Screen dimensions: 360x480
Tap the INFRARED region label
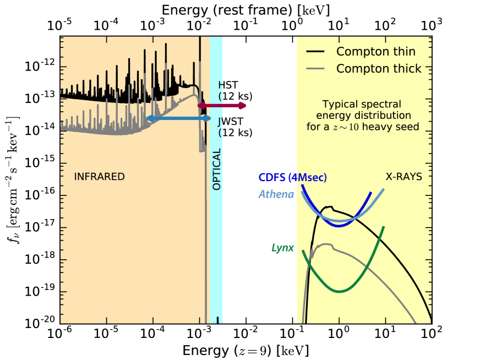(100, 177)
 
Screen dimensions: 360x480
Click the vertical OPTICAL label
(216, 169)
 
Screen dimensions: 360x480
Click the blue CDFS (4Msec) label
(293, 177)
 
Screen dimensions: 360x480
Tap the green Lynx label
(282, 247)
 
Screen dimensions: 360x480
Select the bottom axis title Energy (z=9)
(246, 350)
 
